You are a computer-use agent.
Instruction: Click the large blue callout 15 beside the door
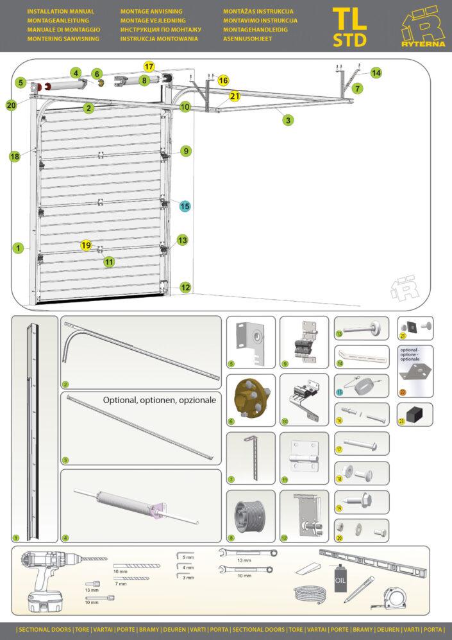pos(185,206)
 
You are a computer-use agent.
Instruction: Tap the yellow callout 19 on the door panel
pos(87,245)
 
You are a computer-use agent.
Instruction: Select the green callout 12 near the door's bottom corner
pos(185,288)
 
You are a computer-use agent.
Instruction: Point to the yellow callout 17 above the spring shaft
pos(149,67)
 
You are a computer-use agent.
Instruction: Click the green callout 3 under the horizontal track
pos(289,119)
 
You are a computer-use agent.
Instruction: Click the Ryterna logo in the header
pos(423,28)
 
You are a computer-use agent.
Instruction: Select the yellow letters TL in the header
pos(350,18)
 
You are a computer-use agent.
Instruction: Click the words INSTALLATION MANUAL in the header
pos(61,12)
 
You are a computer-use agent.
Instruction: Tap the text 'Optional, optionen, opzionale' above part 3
pos(160,400)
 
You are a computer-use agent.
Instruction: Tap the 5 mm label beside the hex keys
pos(188,557)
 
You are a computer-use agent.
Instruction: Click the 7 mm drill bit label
pos(121,584)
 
